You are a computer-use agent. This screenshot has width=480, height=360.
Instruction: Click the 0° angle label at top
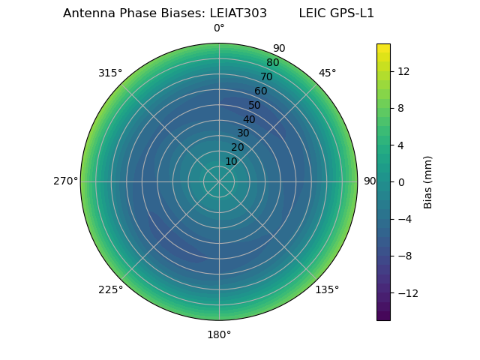coord(219,28)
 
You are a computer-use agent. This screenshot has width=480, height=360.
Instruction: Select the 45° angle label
coord(327,73)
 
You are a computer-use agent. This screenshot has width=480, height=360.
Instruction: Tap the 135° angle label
coord(327,289)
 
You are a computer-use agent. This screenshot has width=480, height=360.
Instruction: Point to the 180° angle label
coord(219,334)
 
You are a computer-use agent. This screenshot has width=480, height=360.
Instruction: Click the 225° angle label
coord(110,289)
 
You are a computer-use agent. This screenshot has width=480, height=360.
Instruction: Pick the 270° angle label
coord(65,181)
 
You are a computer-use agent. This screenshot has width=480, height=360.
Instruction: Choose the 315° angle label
coord(110,73)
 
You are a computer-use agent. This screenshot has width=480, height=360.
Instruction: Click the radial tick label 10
coord(232,161)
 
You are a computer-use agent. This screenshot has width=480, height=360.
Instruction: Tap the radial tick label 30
coord(244,133)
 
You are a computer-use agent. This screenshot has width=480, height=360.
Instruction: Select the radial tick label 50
coord(255,105)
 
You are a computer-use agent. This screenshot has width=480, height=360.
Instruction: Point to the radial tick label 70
coord(266,76)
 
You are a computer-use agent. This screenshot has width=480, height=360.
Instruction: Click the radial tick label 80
coord(272,63)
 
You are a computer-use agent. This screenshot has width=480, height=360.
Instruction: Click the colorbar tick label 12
coord(403,71)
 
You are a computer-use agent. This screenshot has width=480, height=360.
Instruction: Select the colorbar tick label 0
coord(401,181)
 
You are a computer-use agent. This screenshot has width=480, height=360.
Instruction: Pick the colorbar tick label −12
coord(406,292)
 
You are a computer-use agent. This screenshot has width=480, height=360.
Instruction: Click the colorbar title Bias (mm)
coord(428,181)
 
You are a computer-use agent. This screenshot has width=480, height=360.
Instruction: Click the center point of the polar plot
coord(219,181)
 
